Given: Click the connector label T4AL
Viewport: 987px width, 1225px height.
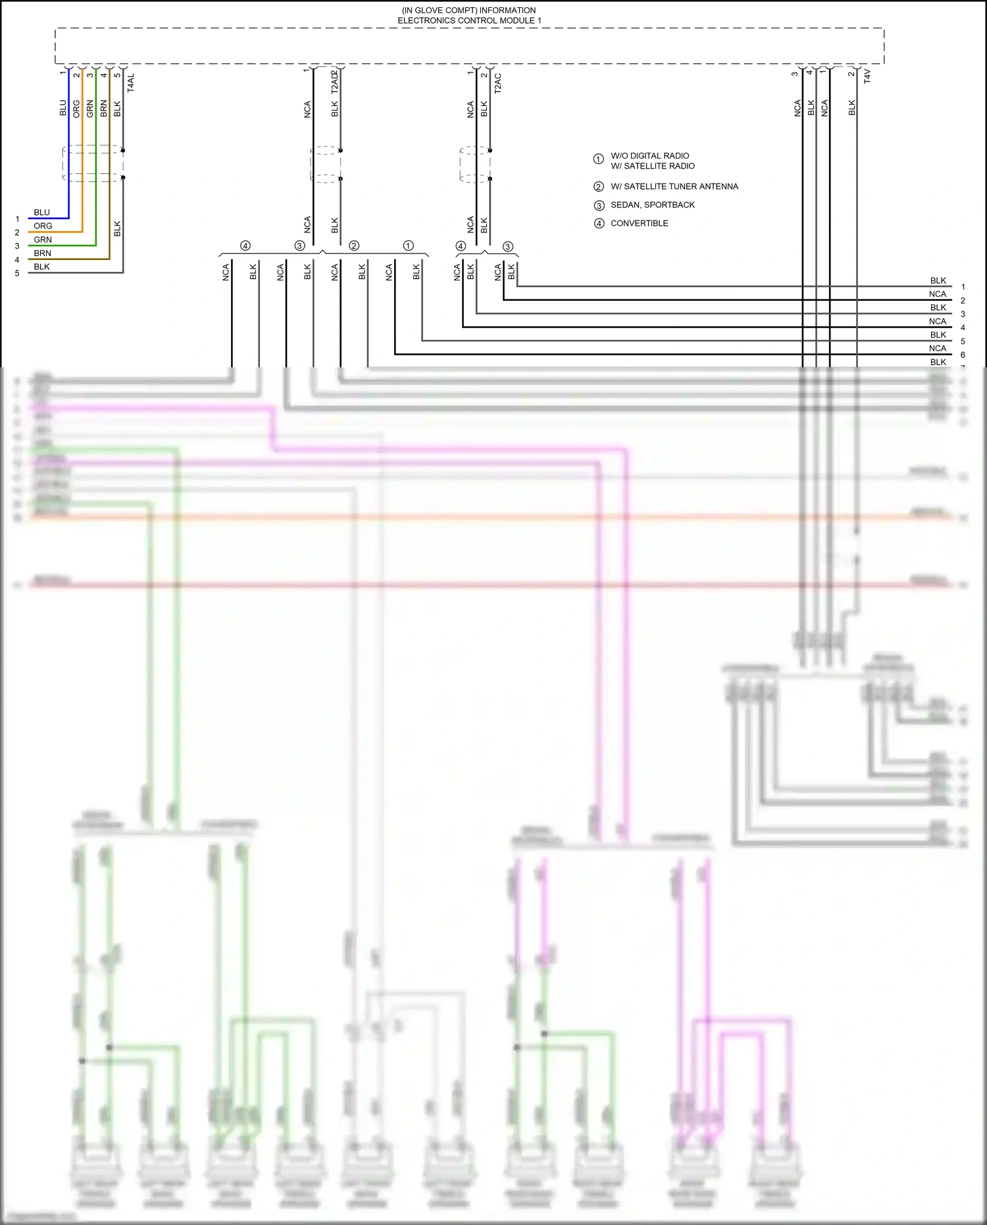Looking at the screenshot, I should [130, 82].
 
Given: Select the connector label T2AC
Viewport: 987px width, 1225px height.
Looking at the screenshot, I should [497, 82].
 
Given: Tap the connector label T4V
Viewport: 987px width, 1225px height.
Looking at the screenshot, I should [867, 76].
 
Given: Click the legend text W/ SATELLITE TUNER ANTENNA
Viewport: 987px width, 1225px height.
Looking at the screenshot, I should [674, 186].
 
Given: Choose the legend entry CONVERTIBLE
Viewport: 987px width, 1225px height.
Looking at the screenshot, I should [639, 223].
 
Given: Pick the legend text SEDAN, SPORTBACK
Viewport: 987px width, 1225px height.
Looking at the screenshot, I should [652, 205].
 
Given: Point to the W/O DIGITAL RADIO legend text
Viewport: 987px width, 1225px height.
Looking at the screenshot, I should [649, 156].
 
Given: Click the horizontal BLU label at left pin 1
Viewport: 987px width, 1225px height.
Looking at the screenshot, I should [41, 212].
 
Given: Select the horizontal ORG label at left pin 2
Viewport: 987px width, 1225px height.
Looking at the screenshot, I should [43, 226].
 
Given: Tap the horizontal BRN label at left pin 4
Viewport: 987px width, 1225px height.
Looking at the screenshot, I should [42, 253].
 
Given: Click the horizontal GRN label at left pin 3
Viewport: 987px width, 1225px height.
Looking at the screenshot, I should [42, 240].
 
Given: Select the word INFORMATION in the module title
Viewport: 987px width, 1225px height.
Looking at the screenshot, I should [507, 11].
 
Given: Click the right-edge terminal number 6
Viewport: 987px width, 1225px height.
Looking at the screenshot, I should [963, 355].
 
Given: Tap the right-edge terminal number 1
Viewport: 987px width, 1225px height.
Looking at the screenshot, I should [963, 287].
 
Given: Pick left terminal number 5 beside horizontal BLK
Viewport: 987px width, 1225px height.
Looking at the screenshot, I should [17, 273].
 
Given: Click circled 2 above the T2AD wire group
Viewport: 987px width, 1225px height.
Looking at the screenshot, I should [354, 246].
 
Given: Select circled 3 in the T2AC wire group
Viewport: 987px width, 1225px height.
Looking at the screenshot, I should [507, 246].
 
